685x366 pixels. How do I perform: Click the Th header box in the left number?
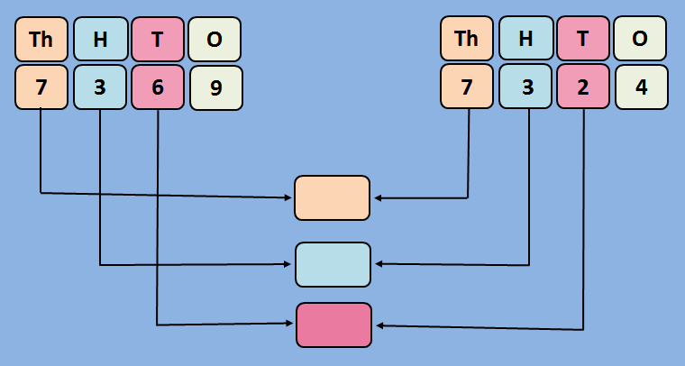click(x=41, y=39)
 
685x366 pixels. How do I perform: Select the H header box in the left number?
click(x=99, y=39)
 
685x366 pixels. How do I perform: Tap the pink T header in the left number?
click(x=158, y=39)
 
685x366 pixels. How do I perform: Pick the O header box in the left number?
click(x=215, y=39)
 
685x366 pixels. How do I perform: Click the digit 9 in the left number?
click(x=215, y=88)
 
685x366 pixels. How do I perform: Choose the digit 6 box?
click(x=158, y=88)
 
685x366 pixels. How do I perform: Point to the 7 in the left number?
click(x=41, y=88)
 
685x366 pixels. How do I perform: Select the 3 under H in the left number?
click(x=99, y=88)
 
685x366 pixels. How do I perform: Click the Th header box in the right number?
click(x=467, y=39)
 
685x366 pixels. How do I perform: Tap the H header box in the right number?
click(x=525, y=39)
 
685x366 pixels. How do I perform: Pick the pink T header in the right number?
click(x=583, y=39)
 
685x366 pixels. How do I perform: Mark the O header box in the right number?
click(x=640, y=39)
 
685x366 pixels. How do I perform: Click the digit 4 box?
click(x=641, y=88)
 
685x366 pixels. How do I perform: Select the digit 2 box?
click(x=583, y=88)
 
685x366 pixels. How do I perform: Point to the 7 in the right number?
click(x=467, y=88)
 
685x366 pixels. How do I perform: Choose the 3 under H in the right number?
click(x=525, y=88)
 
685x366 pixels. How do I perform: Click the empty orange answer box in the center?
click(x=332, y=198)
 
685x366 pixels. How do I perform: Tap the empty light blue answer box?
click(x=333, y=264)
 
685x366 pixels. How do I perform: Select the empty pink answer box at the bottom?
click(x=333, y=325)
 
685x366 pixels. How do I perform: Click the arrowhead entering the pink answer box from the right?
click(x=380, y=325)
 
